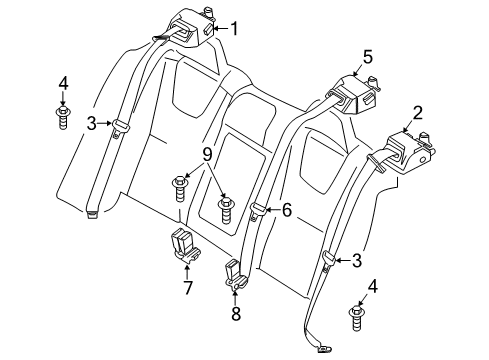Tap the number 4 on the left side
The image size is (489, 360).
62,82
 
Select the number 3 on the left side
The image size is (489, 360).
90,124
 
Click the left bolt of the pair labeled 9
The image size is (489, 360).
180,185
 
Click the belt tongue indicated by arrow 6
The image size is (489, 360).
258,211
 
